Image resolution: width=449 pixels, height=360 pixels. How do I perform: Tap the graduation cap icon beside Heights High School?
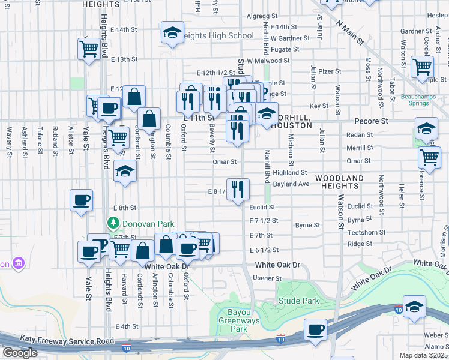172,33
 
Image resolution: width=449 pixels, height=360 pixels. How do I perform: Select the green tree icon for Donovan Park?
113,223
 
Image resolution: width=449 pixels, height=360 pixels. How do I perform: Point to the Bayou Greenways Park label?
239,320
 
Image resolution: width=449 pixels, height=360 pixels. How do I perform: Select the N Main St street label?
351,34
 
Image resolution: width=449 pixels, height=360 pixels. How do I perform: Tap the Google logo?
20,352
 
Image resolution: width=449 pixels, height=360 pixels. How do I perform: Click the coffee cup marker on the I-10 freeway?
315,330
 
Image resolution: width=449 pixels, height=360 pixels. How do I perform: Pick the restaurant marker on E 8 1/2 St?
238,190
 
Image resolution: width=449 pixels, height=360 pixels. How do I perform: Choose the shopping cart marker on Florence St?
429,158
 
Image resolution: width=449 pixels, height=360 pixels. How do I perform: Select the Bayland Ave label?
291,184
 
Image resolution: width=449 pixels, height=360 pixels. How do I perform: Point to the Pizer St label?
330,71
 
